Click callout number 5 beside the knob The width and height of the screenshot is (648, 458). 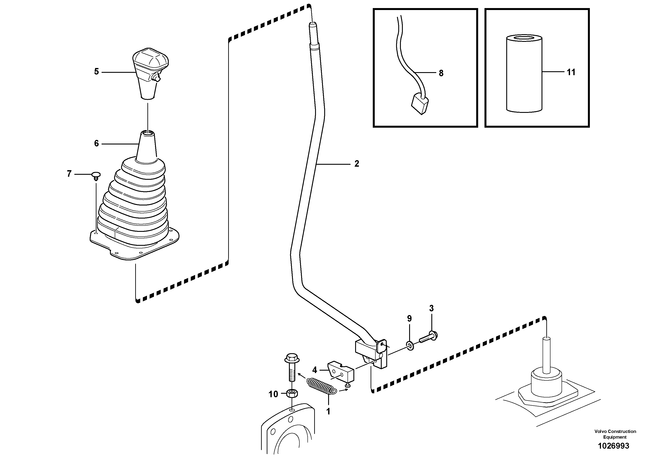pos(96,72)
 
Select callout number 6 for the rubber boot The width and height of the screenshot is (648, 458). pos(96,144)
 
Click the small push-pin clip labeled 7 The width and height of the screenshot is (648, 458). pos(96,175)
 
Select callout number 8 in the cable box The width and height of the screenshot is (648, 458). pos(441,73)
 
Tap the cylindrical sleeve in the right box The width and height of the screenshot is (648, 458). pos(524,73)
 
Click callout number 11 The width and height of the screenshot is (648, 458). pos(571,72)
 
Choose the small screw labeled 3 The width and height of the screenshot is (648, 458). pos(429,338)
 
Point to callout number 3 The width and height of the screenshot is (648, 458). pos(431,308)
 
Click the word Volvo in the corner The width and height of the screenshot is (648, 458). pos(600,431)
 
